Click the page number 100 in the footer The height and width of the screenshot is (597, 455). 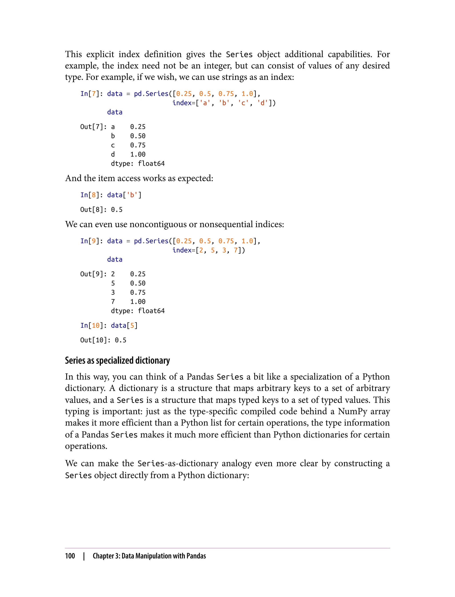(70, 556)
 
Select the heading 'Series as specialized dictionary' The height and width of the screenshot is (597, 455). (117, 361)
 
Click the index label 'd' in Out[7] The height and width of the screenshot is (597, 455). (113, 154)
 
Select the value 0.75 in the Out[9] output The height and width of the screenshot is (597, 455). (138, 293)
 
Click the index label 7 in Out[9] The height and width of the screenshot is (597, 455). (113, 302)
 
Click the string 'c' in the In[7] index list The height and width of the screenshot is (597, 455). (243, 103)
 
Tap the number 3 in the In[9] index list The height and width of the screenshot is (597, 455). (224, 250)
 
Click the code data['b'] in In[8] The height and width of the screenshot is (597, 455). (124, 195)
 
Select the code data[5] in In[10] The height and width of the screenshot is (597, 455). (124, 325)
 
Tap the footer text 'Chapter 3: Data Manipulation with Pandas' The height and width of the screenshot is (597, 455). (149, 556)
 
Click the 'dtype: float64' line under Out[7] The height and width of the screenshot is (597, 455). (138, 163)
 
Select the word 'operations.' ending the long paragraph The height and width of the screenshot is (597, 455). (86, 446)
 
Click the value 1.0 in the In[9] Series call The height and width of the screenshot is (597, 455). (247, 241)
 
